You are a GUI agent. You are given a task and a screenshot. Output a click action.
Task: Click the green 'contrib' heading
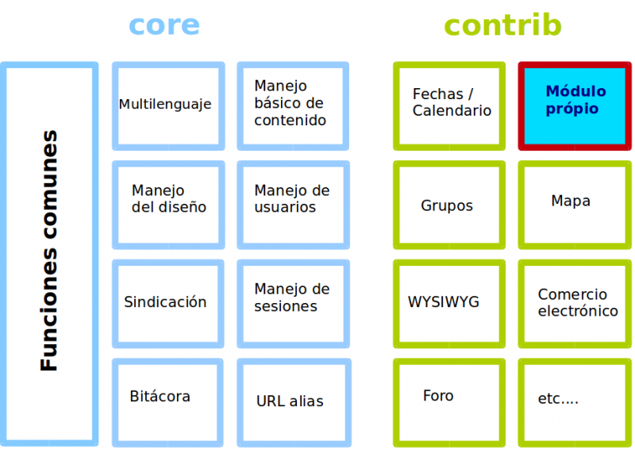[502, 25]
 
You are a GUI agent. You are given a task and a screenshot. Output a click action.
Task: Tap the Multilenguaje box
[167, 106]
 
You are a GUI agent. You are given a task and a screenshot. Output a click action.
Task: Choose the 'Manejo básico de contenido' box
[293, 106]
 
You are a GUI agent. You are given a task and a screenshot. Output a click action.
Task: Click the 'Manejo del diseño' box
[167, 204]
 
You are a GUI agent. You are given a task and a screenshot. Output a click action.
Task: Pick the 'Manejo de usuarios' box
[293, 204]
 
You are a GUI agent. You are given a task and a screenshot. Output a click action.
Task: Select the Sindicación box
[167, 303]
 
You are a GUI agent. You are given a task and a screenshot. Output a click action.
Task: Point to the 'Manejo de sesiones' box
[293, 303]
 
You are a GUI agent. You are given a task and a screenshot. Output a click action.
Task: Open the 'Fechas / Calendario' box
[449, 106]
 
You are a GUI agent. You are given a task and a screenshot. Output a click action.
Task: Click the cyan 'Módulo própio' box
[575, 106]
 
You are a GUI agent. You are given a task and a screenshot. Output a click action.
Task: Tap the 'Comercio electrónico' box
[575, 303]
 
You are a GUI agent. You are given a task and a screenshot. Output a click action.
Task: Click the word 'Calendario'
[452, 111]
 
